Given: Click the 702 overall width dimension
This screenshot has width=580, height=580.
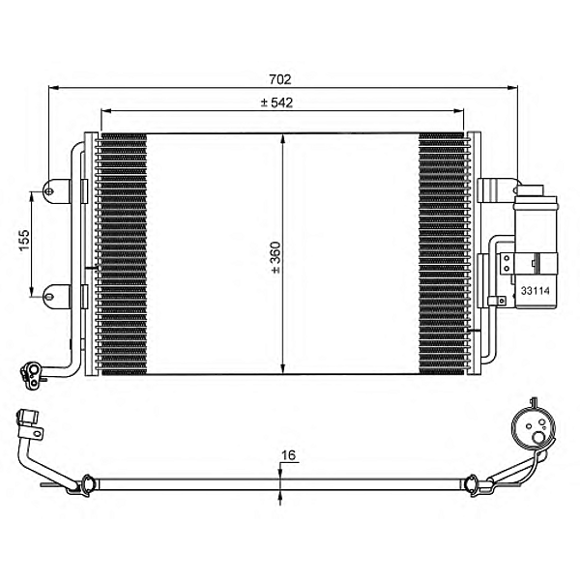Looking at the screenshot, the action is (x=280, y=79).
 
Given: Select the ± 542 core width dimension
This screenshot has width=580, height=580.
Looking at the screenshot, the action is (x=276, y=102).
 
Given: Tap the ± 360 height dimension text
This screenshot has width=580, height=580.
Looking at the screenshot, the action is (x=275, y=257).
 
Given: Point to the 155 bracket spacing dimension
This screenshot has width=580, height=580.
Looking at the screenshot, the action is (x=24, y=240).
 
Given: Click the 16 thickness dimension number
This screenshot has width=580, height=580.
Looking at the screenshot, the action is (x=288, y=455).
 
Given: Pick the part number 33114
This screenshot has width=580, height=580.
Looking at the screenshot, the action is (x=536, y=291).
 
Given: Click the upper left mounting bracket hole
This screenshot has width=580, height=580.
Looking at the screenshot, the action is (x=48, y=191).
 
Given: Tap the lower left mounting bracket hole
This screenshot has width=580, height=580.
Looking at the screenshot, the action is (x=48, y=297).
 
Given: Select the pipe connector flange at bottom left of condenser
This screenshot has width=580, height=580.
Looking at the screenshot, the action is (x=30, y=375).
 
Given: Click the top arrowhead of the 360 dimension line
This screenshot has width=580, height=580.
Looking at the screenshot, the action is (x=282, y=139).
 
